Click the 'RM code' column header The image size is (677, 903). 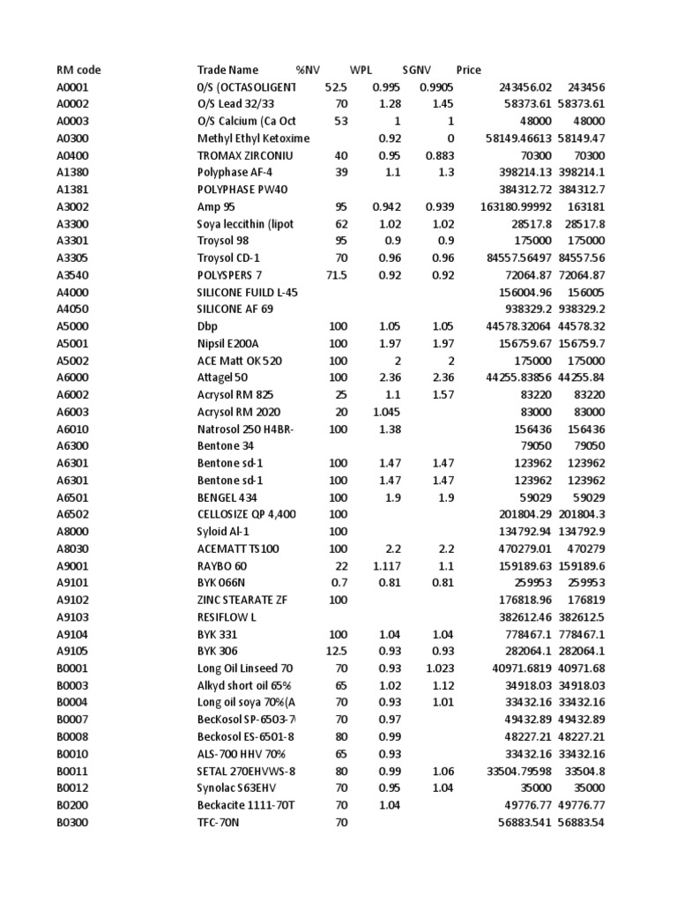pos(77,70)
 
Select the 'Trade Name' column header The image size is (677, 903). pos(227,70)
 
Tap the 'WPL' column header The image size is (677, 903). pos(361,70)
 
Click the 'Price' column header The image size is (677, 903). pos(469,70)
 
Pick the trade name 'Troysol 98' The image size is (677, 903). pos(225,240)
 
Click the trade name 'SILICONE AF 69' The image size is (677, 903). pos(234,309)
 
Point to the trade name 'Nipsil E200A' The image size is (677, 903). pos(231,342)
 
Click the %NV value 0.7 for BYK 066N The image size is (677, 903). pos(338,582)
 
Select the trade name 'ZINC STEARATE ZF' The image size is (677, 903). pos(242,599)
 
